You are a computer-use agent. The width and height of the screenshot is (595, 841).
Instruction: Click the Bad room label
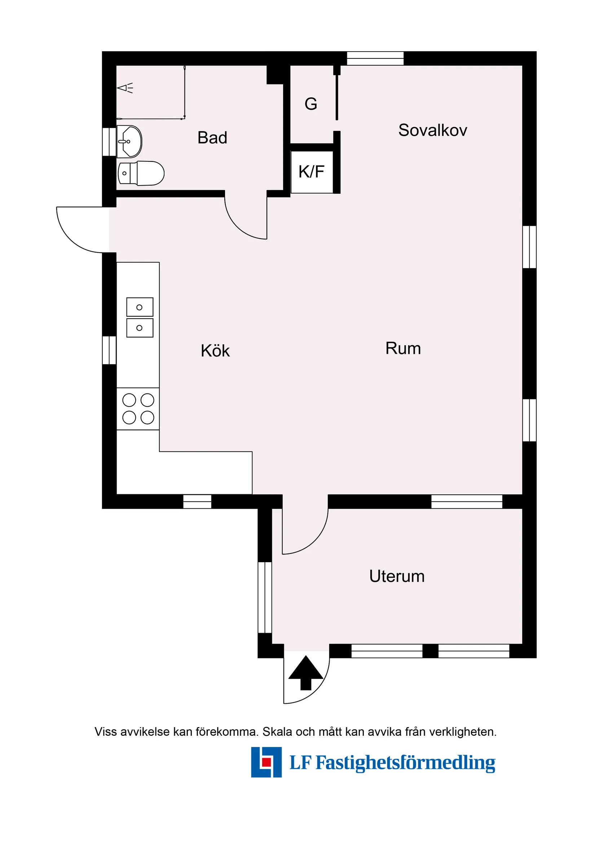[x=212, y=138]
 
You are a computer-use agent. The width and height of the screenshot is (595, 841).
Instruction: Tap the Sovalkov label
[x=433, y=130]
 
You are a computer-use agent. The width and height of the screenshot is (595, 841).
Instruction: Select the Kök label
[x=215, y=351]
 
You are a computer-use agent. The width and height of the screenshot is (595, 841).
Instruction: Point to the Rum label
[x=403, y=348]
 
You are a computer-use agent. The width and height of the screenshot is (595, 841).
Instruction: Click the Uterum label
[x=397, y=576]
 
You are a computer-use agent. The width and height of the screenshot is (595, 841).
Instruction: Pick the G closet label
[x=311, y=104]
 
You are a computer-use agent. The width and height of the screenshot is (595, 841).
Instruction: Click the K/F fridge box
[x=312, y=172]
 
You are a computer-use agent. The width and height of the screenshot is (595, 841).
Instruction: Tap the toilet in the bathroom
[x=141, y=173]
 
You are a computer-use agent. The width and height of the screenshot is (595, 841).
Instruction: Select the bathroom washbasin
[x=129, y=141]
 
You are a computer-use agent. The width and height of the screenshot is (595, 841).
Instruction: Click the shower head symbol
[x=125, y=88]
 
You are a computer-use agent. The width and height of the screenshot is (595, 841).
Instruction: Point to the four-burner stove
[x=138, y=409]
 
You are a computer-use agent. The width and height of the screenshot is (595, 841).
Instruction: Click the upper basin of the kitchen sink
[x=140, y=307]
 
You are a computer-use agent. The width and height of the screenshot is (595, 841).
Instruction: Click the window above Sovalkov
[x=375, y=58]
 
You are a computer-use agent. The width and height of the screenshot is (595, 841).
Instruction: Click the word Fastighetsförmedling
[x=405, y=762]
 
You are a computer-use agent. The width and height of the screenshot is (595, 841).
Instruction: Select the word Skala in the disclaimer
[x=278, y=732]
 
